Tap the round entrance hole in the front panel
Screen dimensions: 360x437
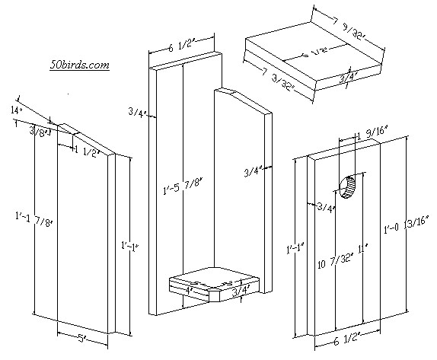348,186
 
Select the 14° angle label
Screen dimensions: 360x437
15,111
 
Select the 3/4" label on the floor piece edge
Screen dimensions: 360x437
241,289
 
